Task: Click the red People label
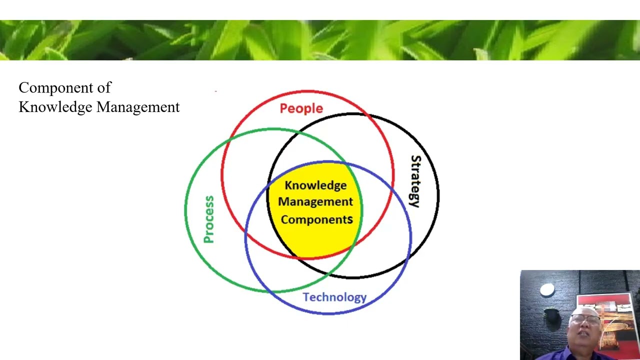click(x=301, y=108)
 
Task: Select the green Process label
click(x=209, y=219)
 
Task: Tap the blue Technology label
click(x=334, y=297)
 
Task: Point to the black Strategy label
click(x=415, y=181)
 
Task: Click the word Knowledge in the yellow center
click(x=315, y=185)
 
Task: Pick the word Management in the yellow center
click(x=315, y=202)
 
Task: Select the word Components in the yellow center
click(x=316, y=219)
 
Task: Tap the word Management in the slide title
click(x=137, y=107)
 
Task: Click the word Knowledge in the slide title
click(x=55, y=107)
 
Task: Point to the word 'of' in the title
click(x=104, y=88)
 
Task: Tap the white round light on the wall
click(x=547, y=290)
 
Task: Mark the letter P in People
click(x=283, y=108)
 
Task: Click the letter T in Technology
click(x=306, y=296)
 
